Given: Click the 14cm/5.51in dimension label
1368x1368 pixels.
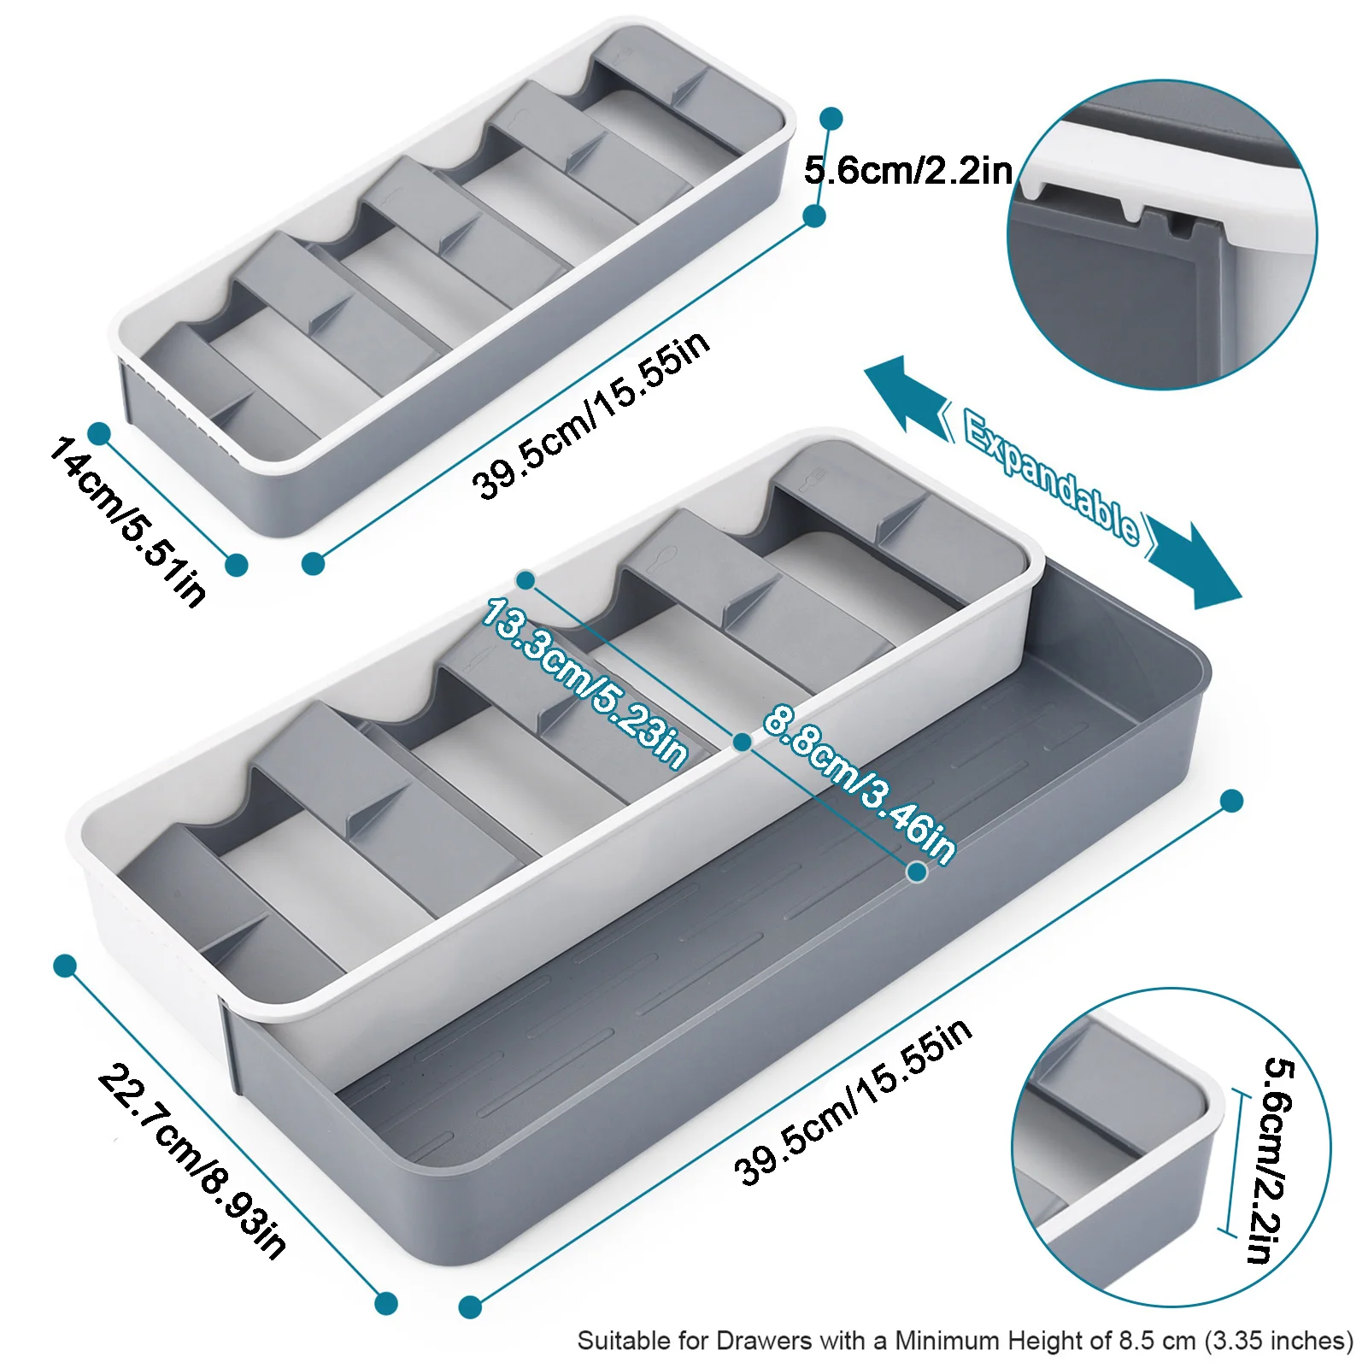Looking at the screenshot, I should coord(128,521).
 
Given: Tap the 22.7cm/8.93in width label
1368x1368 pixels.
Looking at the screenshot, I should coord(193,1162).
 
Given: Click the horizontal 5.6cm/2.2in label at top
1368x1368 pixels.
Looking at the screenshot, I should coord(907,171).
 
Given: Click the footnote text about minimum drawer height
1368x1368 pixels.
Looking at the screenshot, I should coord(965,1340).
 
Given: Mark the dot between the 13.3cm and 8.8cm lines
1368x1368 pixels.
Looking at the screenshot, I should coord(743,742).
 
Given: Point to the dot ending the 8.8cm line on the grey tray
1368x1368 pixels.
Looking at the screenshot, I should coord(917,872).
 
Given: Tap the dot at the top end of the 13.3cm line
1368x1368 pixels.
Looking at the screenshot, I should coord(525,580).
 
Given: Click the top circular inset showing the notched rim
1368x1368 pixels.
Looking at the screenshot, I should coord(1162,235).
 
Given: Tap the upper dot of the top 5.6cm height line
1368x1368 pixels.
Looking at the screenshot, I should coord(831,118).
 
